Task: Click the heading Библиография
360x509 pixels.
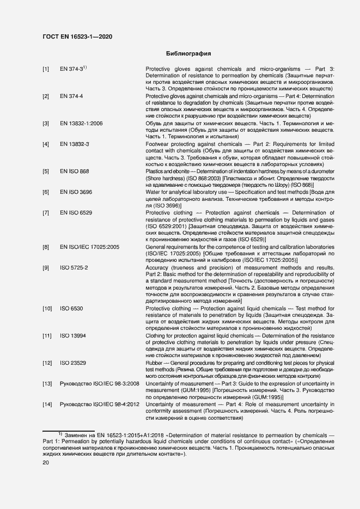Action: click(x=188, y=53)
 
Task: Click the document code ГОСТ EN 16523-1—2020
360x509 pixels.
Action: click(x=78, y=37)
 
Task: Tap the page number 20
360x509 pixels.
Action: click(x=46, y=462)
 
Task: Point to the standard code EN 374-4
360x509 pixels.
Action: click(x=71, y=96)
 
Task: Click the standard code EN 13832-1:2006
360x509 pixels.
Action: click(x=81, y=124)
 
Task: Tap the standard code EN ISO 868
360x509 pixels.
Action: click(x=74, y=171)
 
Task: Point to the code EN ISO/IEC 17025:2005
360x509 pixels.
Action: click(x=89, y=247)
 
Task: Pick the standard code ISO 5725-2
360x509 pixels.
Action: click(x=74, y=267)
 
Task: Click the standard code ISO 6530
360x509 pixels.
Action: click(x=71, y=308)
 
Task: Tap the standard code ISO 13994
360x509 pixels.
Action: click(x=73, y=335)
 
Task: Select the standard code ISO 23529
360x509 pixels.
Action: click(x=73, y=363)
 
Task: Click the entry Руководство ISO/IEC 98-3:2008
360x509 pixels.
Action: click(x=99, y=383)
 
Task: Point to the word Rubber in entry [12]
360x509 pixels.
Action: click(x=154, y=363)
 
